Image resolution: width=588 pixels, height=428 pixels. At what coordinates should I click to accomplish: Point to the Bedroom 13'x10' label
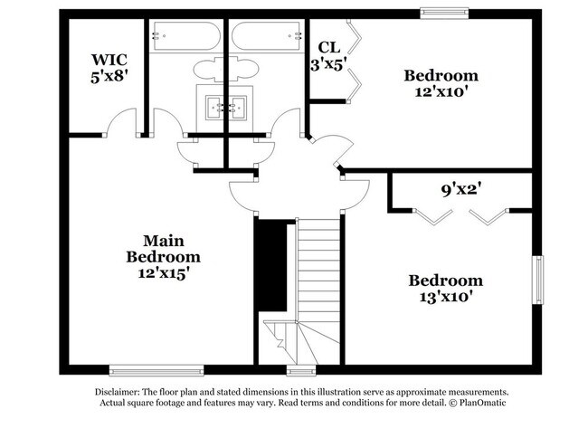tap(444, 288)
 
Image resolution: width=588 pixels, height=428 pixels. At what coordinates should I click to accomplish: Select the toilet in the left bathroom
tap(205, 71)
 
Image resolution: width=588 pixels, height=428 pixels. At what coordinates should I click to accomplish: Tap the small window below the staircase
tap(299, 369)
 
